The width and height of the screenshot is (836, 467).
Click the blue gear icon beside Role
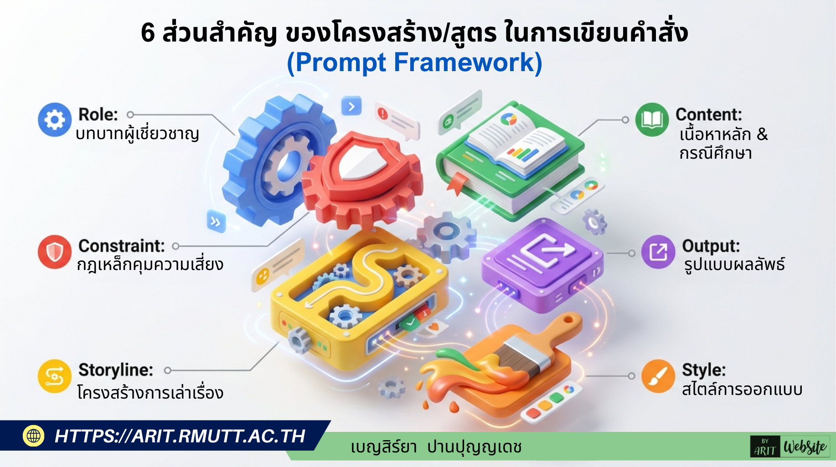coord(55,120)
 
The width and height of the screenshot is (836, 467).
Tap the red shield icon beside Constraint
coord(55,252)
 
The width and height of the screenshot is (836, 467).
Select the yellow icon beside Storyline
coord(55,376)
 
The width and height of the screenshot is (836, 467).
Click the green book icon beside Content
coord(652,120)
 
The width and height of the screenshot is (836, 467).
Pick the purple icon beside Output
coord(658,252)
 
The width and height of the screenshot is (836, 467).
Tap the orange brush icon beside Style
coord(658,376)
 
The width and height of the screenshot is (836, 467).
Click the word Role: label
coord(98,114)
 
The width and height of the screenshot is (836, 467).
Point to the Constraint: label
coord(121,246)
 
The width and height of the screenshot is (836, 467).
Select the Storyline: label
coord(116,370)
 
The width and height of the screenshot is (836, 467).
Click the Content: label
coord(708,114)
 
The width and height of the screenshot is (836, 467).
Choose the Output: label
coord(711,246)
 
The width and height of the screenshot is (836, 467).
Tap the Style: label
coord(703,370)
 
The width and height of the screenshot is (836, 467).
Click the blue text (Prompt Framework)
coord(414,62)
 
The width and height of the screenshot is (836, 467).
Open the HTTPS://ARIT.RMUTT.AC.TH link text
coord(180,436)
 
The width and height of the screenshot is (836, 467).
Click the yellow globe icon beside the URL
coord(34,436)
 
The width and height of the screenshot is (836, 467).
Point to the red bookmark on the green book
coord(456,183)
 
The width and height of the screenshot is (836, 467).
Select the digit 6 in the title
coord(148,33)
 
